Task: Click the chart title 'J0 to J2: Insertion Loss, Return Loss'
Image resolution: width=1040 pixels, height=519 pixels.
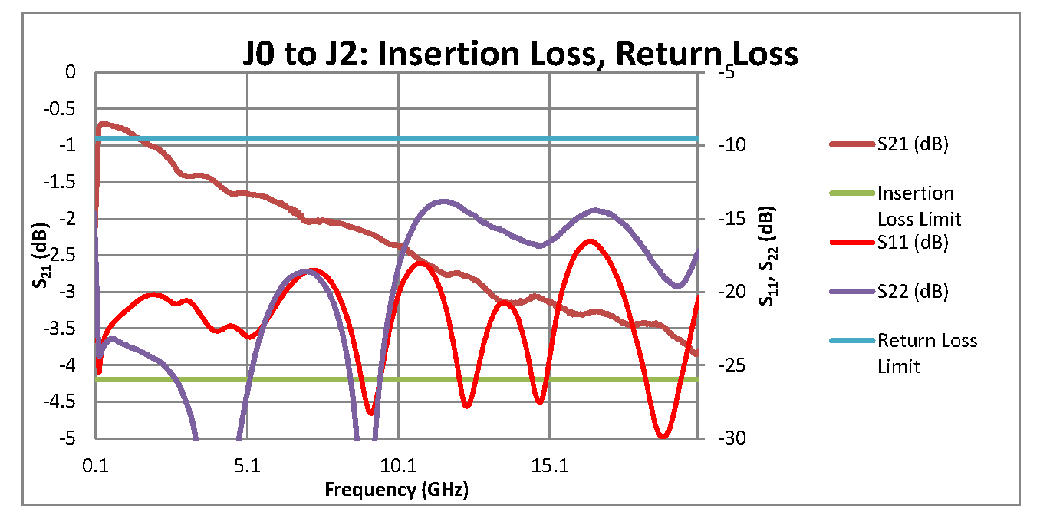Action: point(518,55)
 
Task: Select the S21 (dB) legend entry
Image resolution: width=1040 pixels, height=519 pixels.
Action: point(913,144)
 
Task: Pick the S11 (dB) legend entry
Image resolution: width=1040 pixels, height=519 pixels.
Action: point(913,243)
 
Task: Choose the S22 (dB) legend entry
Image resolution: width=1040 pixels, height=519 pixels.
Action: point(913,291)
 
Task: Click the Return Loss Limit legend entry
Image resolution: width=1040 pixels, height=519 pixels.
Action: point(926,352)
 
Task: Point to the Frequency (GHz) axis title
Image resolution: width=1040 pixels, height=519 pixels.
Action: point(396,489)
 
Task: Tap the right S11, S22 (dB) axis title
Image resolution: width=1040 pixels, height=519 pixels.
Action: point(765,256)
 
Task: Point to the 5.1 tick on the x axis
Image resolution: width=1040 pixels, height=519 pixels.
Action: point(246,465)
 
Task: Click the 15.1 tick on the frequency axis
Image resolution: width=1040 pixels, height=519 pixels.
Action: point(548,465)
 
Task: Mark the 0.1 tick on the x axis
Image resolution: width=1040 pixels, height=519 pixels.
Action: point(96,465)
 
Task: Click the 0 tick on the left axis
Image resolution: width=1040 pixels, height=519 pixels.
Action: point(71,72)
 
